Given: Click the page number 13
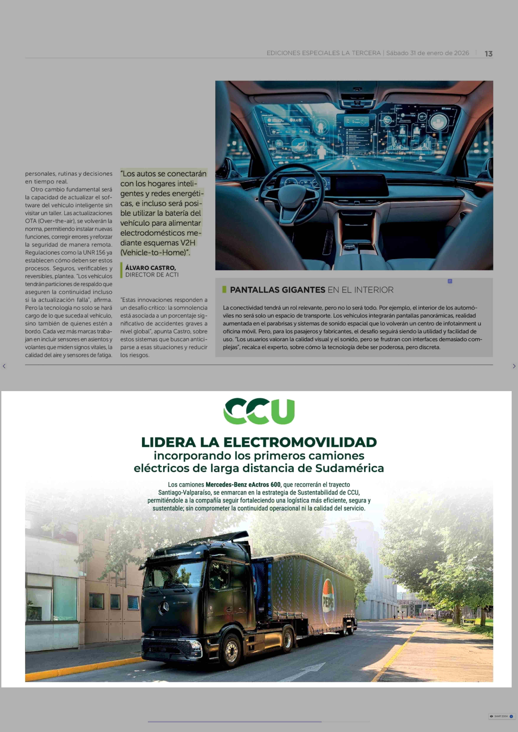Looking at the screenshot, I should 488,54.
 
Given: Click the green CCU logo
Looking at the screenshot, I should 259,411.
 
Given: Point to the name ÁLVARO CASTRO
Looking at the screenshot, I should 150,268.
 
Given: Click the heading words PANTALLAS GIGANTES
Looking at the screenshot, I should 277,290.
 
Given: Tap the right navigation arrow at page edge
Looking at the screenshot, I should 514,366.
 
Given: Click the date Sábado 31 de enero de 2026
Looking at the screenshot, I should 427,53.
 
